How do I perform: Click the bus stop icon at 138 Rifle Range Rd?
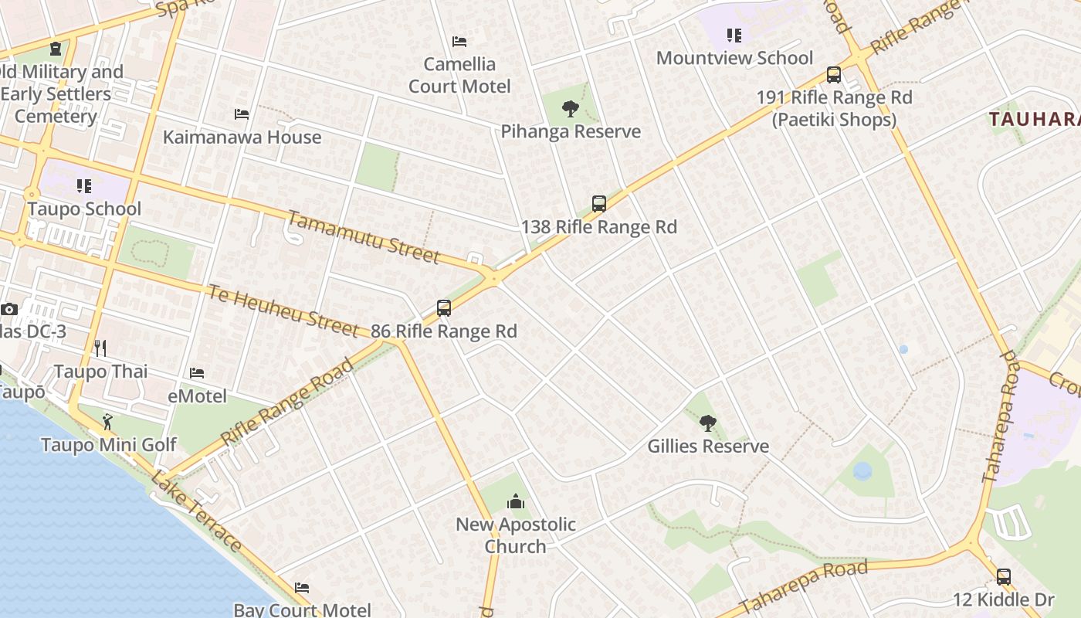tap(599, 204)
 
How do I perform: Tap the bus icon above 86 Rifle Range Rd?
tap(444, 308)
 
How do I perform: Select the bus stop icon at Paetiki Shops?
tap(834, 75)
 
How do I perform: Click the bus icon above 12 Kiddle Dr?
tap(1003, 576)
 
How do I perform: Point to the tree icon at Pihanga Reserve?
tap(571, 109)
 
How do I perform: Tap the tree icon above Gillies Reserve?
tap(707, 423)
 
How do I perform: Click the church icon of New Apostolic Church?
tap(516, 502)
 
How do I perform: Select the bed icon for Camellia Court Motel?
tap(459, 42)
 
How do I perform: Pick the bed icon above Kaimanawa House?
tap(242, 114)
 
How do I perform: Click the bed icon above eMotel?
tap(198, 373)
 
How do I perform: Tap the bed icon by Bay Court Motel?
tap(302, 588)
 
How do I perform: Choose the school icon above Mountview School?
tap(734, 36)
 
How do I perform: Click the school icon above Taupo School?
tap(84, 186)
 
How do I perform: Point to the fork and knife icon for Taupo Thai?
tap(100, 348)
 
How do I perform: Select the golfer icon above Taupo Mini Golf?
tap(108, 422)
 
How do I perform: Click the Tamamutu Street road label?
tap(364, 236)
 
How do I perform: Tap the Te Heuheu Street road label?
tap(283, 310)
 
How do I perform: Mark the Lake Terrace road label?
tap(196, 511)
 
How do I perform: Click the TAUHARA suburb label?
tap(1035, 119)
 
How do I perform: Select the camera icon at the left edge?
tap(9, 309)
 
